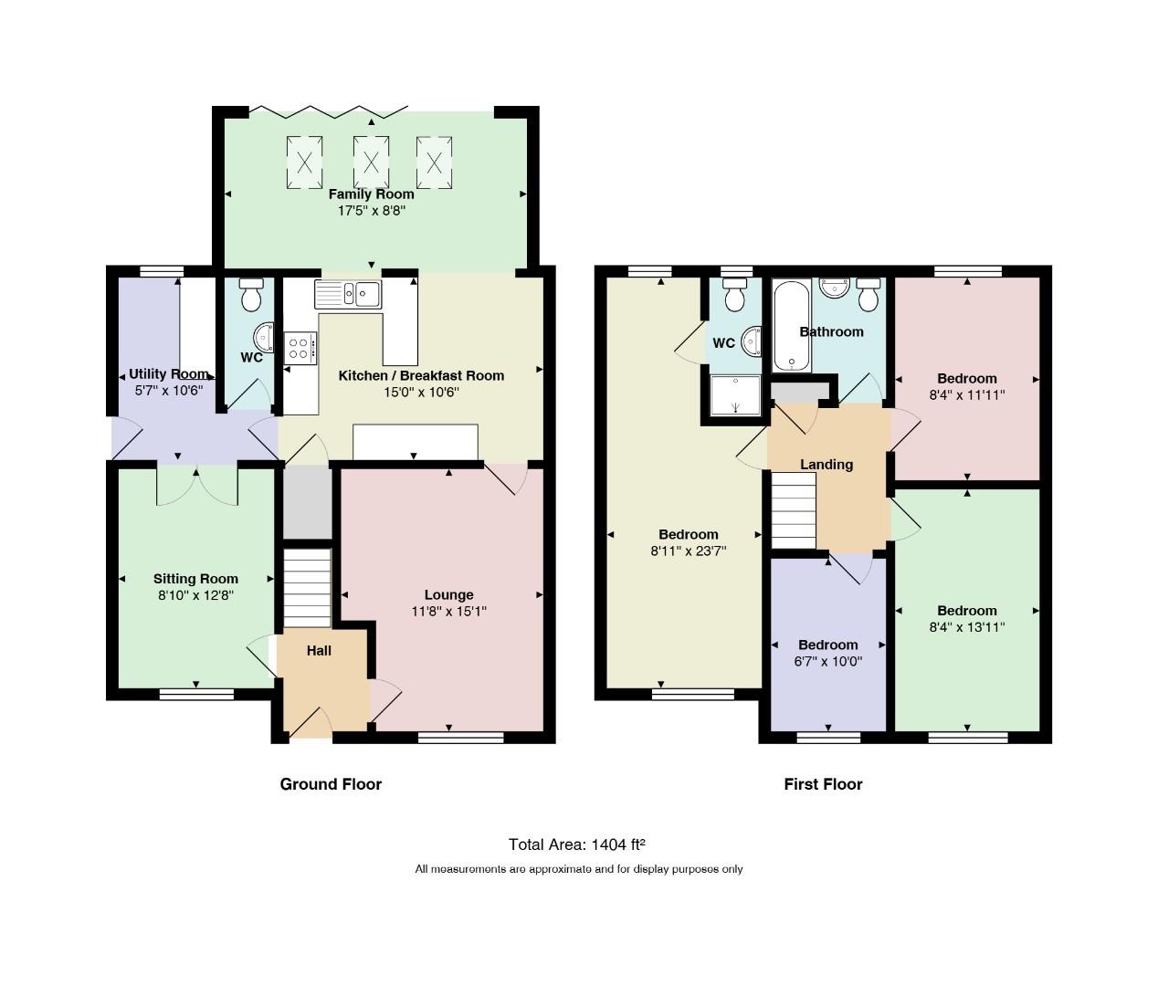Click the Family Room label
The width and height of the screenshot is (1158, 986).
coord(371,194)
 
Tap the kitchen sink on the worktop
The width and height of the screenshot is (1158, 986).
coord(348,294)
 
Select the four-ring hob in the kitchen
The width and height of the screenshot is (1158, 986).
coord(300,348)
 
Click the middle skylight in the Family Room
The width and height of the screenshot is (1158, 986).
coord(371,163)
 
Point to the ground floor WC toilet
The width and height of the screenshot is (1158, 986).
coord(250,295)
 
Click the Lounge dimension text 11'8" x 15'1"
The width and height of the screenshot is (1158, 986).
coord(448,611)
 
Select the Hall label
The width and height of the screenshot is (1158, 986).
coord(319,650)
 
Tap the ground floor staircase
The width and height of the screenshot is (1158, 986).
coord(307,588)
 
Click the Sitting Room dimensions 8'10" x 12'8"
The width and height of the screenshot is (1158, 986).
coord(195,595)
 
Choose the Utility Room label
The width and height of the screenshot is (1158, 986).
coord(169,374)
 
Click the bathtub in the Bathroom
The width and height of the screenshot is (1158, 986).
coord(791,326)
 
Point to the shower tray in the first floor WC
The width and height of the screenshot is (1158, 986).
coord(736,395)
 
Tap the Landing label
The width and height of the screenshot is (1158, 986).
coord(826,465)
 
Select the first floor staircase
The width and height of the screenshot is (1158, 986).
coord(794,510)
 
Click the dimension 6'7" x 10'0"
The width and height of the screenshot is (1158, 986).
coord(828,661)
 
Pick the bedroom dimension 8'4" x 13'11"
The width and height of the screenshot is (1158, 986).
coord(967,627)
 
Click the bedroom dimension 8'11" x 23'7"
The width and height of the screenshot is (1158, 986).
coord(689,551)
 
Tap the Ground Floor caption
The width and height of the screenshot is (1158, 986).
coord(331,784)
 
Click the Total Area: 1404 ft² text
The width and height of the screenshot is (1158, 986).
coord(577,844)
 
